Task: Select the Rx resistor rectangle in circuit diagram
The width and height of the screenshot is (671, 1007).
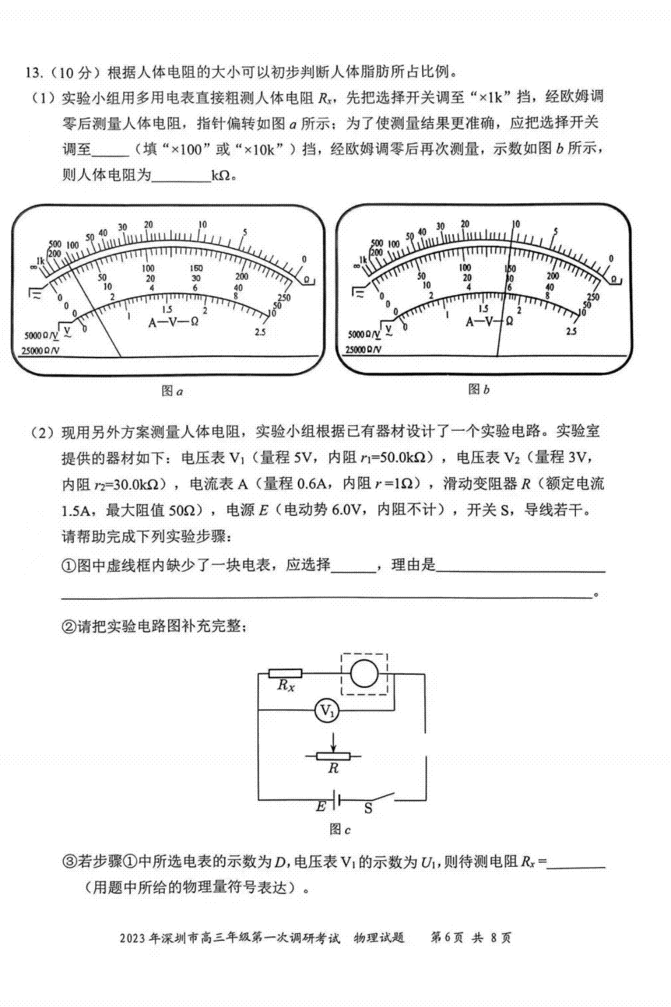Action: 285,673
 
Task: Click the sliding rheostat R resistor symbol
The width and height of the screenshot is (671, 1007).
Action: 333,756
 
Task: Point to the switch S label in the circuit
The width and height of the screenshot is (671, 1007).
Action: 368,809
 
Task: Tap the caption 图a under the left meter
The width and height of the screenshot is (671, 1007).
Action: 172,392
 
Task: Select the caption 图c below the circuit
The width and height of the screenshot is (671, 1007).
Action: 339,829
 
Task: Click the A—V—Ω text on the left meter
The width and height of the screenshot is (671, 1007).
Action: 173,322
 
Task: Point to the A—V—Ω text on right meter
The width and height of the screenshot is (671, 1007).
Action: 490,321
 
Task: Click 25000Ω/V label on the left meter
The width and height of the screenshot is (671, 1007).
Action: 40,351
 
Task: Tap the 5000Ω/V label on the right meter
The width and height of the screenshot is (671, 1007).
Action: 364,335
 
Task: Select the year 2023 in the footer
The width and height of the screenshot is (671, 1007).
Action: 132,937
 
